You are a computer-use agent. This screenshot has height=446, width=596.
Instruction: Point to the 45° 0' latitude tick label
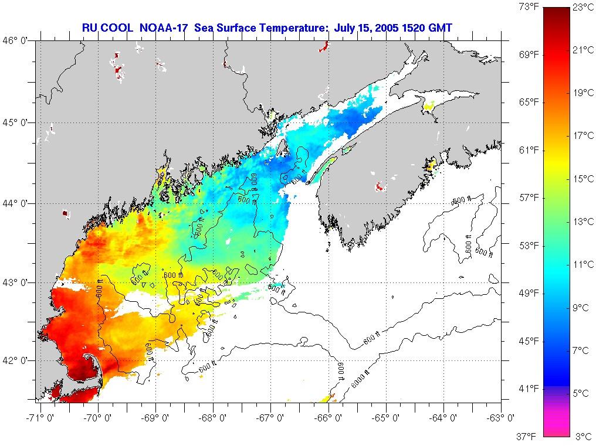point(19,122)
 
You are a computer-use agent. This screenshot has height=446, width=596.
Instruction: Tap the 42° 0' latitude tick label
point(19,360)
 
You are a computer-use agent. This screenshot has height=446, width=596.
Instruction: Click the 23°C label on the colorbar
point(583,8)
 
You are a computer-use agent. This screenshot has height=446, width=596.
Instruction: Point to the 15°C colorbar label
point(583,179)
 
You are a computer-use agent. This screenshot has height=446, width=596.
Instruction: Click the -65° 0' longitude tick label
point(386,418)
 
